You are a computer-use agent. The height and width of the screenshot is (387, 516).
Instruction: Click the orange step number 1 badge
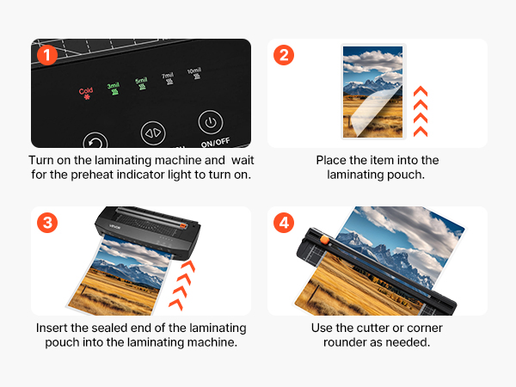(47, 55)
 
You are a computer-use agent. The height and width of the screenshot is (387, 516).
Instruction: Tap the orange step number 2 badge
(284, 55)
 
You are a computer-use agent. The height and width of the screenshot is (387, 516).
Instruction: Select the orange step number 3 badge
(47, 223)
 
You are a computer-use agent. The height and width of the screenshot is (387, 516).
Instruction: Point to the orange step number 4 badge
(284, 223)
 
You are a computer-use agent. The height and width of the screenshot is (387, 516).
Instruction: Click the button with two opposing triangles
(153, 133)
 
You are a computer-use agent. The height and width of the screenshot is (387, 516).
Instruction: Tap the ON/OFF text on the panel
(215, 143)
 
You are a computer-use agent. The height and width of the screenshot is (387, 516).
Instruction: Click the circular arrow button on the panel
(95, 140)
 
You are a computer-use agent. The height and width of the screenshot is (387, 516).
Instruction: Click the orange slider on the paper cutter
(324, 240)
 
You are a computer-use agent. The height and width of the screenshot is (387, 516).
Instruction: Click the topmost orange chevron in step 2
(421, 91)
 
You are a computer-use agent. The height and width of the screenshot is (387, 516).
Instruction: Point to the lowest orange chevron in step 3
(176, 304)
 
